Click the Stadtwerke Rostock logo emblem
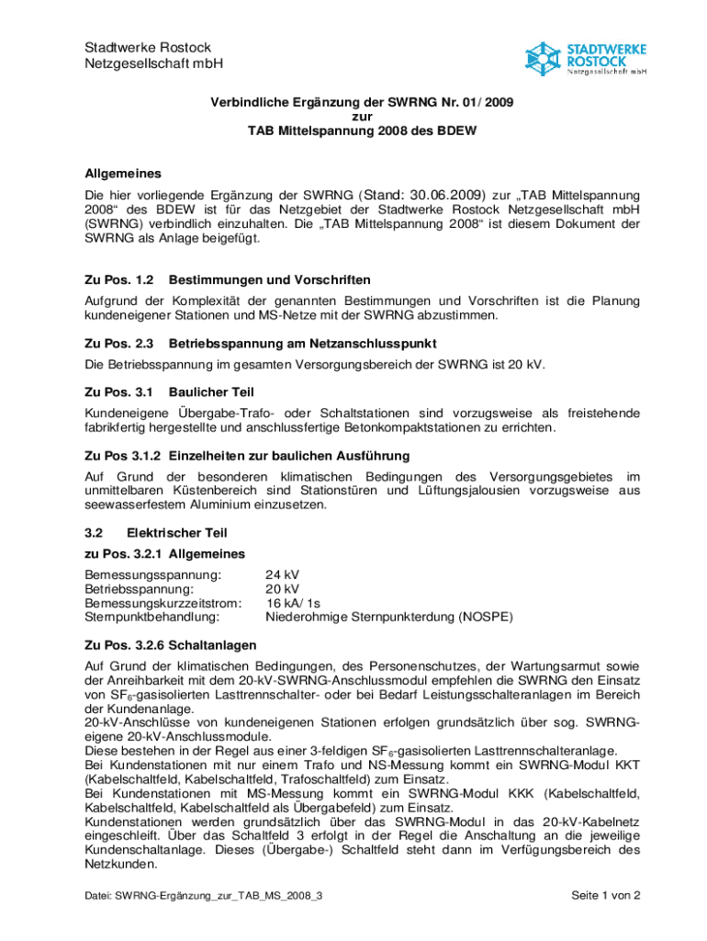coord(542,58)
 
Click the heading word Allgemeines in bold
coord(123,173)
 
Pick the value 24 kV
coord(282,574)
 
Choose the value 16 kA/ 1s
coord(293,603)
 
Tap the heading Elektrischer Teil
coord(176,533)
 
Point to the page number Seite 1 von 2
coord(605,895)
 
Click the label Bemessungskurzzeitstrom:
coord(163,603)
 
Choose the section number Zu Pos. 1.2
coord(118,279)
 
